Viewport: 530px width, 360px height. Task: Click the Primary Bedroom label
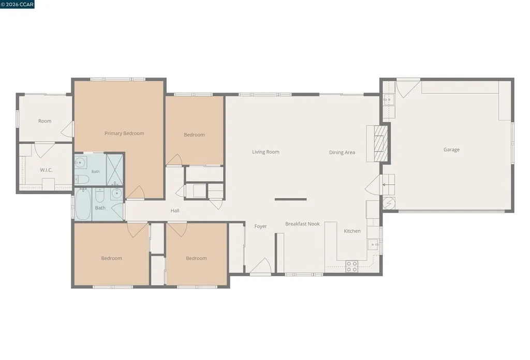tap(124, 133)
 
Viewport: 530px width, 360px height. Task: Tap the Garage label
tap(451, 149)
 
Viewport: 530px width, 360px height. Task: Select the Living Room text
tap(266, 152)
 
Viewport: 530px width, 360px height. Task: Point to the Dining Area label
tap(342, 152)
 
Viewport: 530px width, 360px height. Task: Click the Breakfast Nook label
tap(302, 224)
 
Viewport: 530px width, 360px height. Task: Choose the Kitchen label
tap(352, 231)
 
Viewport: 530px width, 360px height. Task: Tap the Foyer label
tap(261, 226)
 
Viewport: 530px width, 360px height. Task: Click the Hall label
tap(175, 211)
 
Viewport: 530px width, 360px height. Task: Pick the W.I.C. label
tap(46, 170)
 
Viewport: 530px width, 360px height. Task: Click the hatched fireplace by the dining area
tap(381, 143)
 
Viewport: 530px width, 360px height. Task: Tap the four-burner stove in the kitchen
tap(351, 266)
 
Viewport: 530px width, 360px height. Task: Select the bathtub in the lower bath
tap(83, 204)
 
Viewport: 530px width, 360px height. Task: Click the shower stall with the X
tap(114, 170)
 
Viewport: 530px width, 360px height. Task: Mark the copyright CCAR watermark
tap(17, 4)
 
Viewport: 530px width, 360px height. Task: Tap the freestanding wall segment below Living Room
tap(291, 199)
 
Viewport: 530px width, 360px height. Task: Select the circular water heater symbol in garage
tap(389, 203)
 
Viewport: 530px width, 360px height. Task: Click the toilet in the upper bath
tap(81, 179)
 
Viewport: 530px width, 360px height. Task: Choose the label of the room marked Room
tap(45, 121)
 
